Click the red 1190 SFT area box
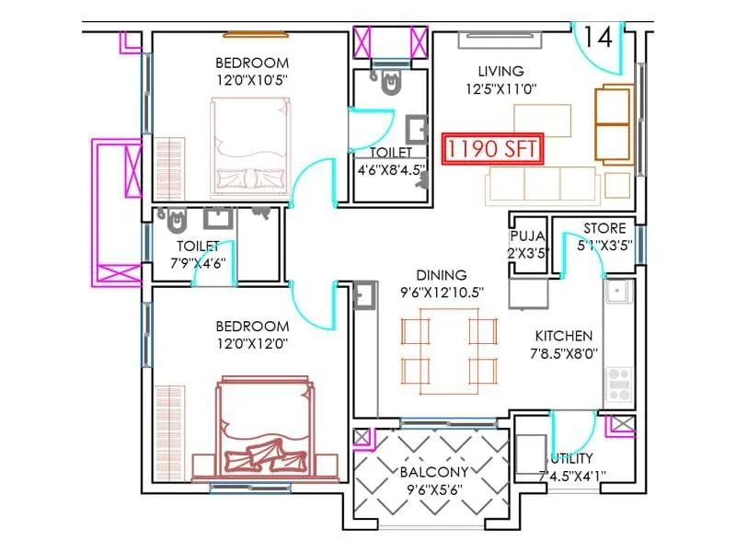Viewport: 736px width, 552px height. [491, 149]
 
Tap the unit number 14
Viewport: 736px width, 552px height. [597, 38]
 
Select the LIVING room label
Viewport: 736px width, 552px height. [500, 71]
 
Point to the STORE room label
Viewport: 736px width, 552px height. [604, 228]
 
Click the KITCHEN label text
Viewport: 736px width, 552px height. [564, 336]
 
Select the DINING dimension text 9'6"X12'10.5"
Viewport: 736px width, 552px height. [441, 292]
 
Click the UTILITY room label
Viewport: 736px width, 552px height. [571, 458]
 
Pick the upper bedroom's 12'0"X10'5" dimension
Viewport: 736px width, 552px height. [251, 80]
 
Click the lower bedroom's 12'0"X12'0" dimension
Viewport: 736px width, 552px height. [251, 343]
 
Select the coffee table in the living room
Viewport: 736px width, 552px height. [542, 119]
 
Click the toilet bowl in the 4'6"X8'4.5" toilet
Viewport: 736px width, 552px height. [394, 86]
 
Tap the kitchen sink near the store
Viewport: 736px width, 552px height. [617, 293]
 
